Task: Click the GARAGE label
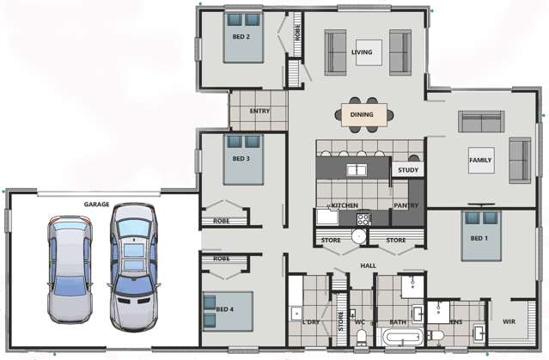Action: click(96, 204)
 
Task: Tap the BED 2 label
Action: click(241, 37)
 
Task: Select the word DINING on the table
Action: click(362, 113)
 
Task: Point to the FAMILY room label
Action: click(480, 161)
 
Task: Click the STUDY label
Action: click(407, 170)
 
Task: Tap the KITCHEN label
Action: click(345, 206)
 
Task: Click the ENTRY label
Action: click(260, 112)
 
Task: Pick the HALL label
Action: click(368, 265)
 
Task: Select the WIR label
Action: click(509, 322)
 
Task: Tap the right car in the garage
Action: click(132, 255)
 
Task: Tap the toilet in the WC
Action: click(362, 335)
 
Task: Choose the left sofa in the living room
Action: click(335, 52)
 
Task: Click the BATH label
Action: click(399, 322)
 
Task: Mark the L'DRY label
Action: click(311, 322)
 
